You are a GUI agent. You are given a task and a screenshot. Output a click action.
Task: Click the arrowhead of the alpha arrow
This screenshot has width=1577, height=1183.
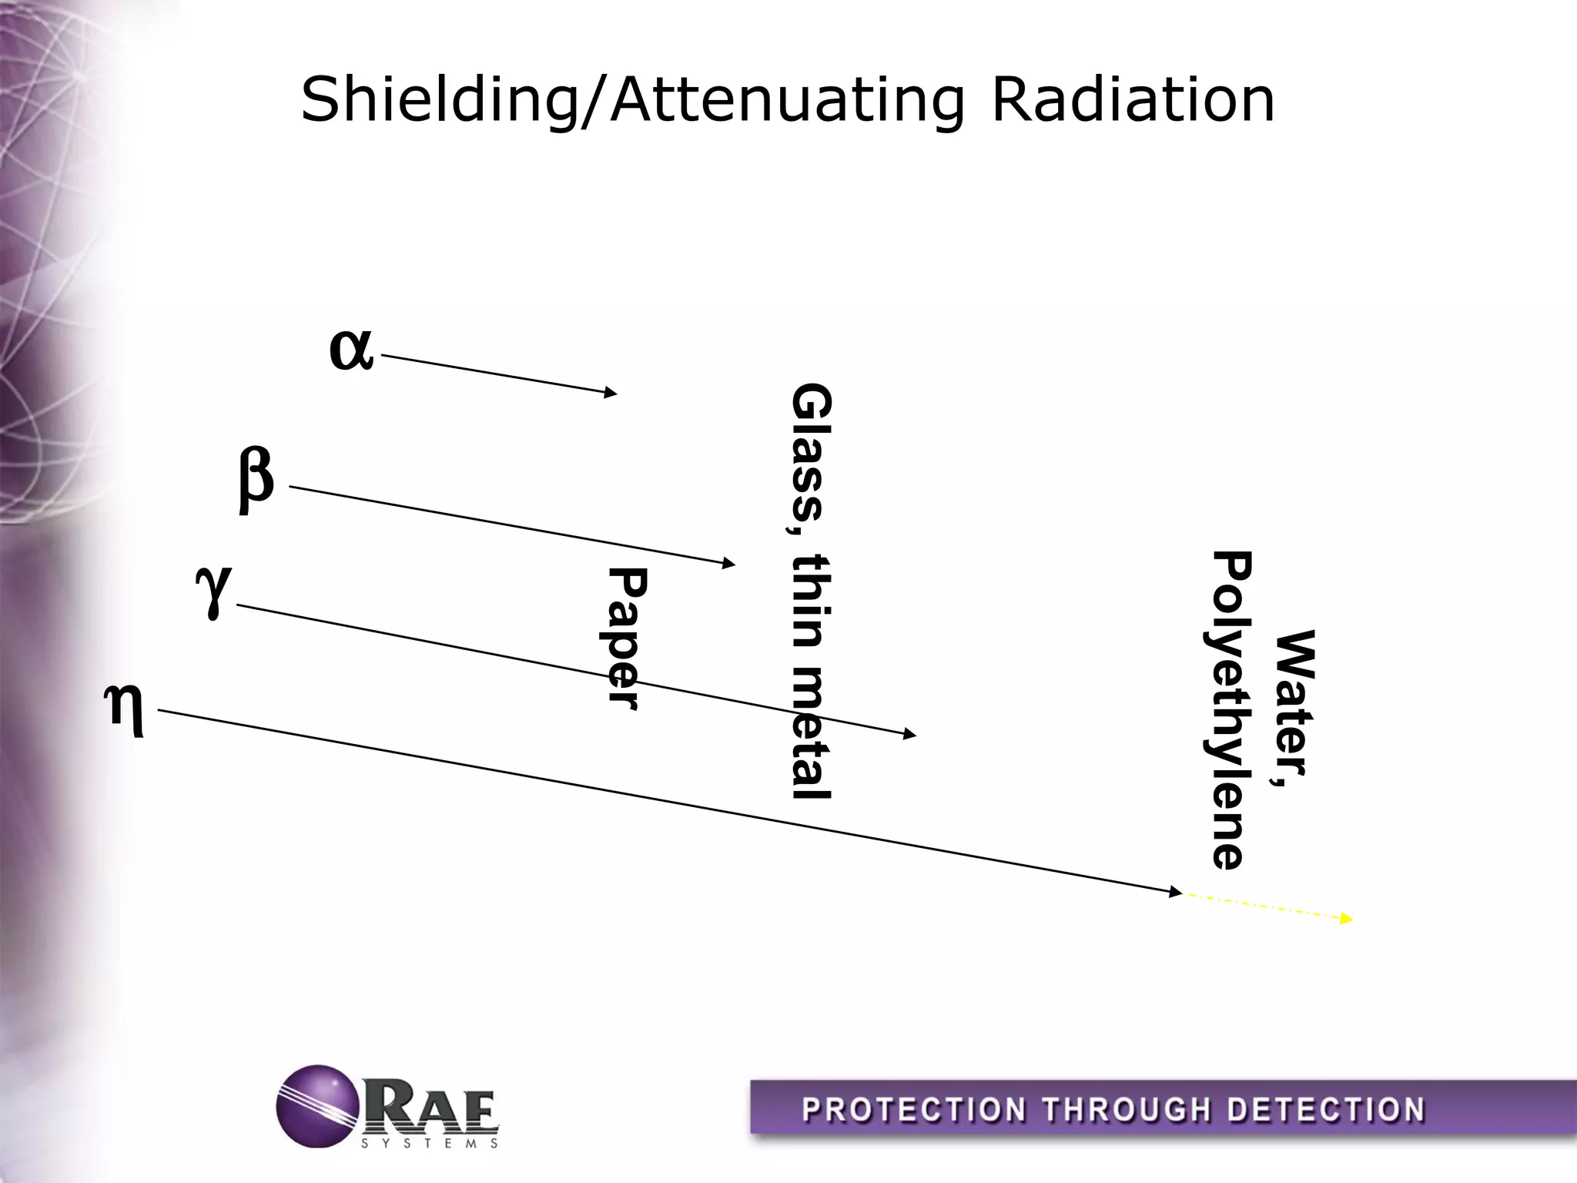[x=611, y=393]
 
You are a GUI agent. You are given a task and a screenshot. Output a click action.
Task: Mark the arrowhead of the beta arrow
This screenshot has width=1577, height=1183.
[x=729, y=564]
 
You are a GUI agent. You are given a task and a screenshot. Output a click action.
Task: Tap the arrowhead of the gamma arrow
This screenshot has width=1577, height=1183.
[x=910, y=735]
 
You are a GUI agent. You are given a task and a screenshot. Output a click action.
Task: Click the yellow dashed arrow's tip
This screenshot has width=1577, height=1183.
[x=1348, y=919]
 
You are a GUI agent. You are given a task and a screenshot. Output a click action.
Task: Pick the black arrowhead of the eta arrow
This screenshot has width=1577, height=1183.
[x=1176, y=892]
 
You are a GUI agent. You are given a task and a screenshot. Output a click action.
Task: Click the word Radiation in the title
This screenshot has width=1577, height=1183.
[x=1133, y=100]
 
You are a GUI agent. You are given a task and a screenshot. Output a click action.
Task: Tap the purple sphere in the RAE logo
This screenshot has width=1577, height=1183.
[x=317, y=1106]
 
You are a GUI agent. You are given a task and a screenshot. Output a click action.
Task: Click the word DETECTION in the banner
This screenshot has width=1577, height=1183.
[x=1325, y=1111]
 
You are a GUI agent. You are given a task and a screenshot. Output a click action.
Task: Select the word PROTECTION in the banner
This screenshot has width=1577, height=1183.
[x=914, y=1111]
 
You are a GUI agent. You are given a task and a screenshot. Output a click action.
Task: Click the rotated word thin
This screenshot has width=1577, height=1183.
[x=811, y=601]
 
